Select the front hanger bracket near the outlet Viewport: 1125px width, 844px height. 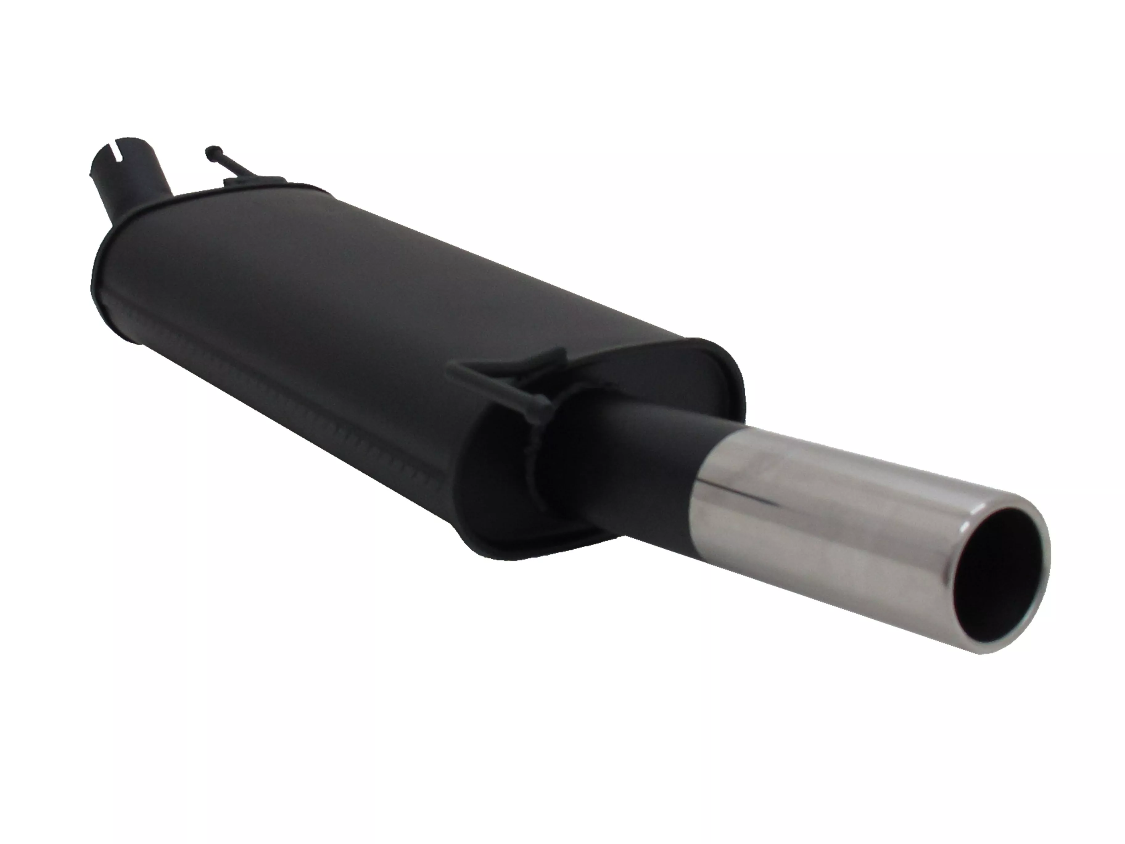(509, 376)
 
